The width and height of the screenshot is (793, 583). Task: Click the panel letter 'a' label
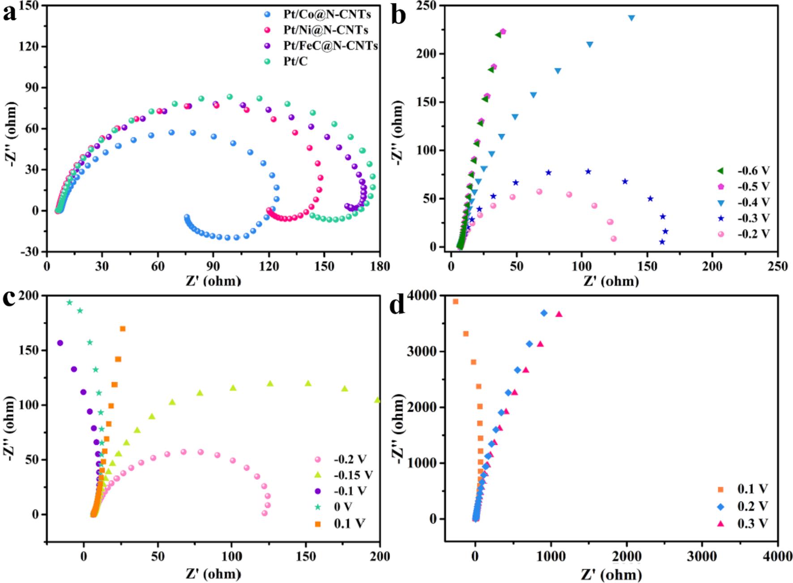click(10, 13)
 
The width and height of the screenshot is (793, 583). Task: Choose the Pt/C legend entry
click(295, 61)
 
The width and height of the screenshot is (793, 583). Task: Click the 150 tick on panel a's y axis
click(30, 5)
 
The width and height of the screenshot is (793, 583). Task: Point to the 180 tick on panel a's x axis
click(380, 266)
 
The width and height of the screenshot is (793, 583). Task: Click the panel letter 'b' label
click(398, 14)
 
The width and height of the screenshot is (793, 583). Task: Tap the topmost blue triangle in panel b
click(631, 18)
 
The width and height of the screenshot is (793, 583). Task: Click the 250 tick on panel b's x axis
click(778, 266)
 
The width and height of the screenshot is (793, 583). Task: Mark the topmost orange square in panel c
click(123, 329)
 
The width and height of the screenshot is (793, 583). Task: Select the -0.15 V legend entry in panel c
click(353, 475)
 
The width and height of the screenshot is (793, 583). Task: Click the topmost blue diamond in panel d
click(544, 313)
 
